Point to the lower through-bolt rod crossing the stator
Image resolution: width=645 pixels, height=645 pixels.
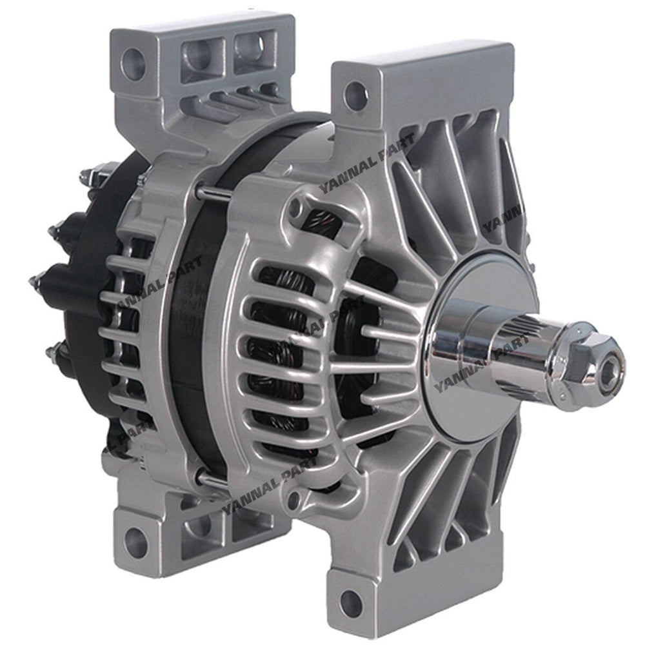point(213,477)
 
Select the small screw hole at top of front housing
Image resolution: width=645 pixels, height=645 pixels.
point(296,206)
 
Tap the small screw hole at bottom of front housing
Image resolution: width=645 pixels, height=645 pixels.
point(294,497)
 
